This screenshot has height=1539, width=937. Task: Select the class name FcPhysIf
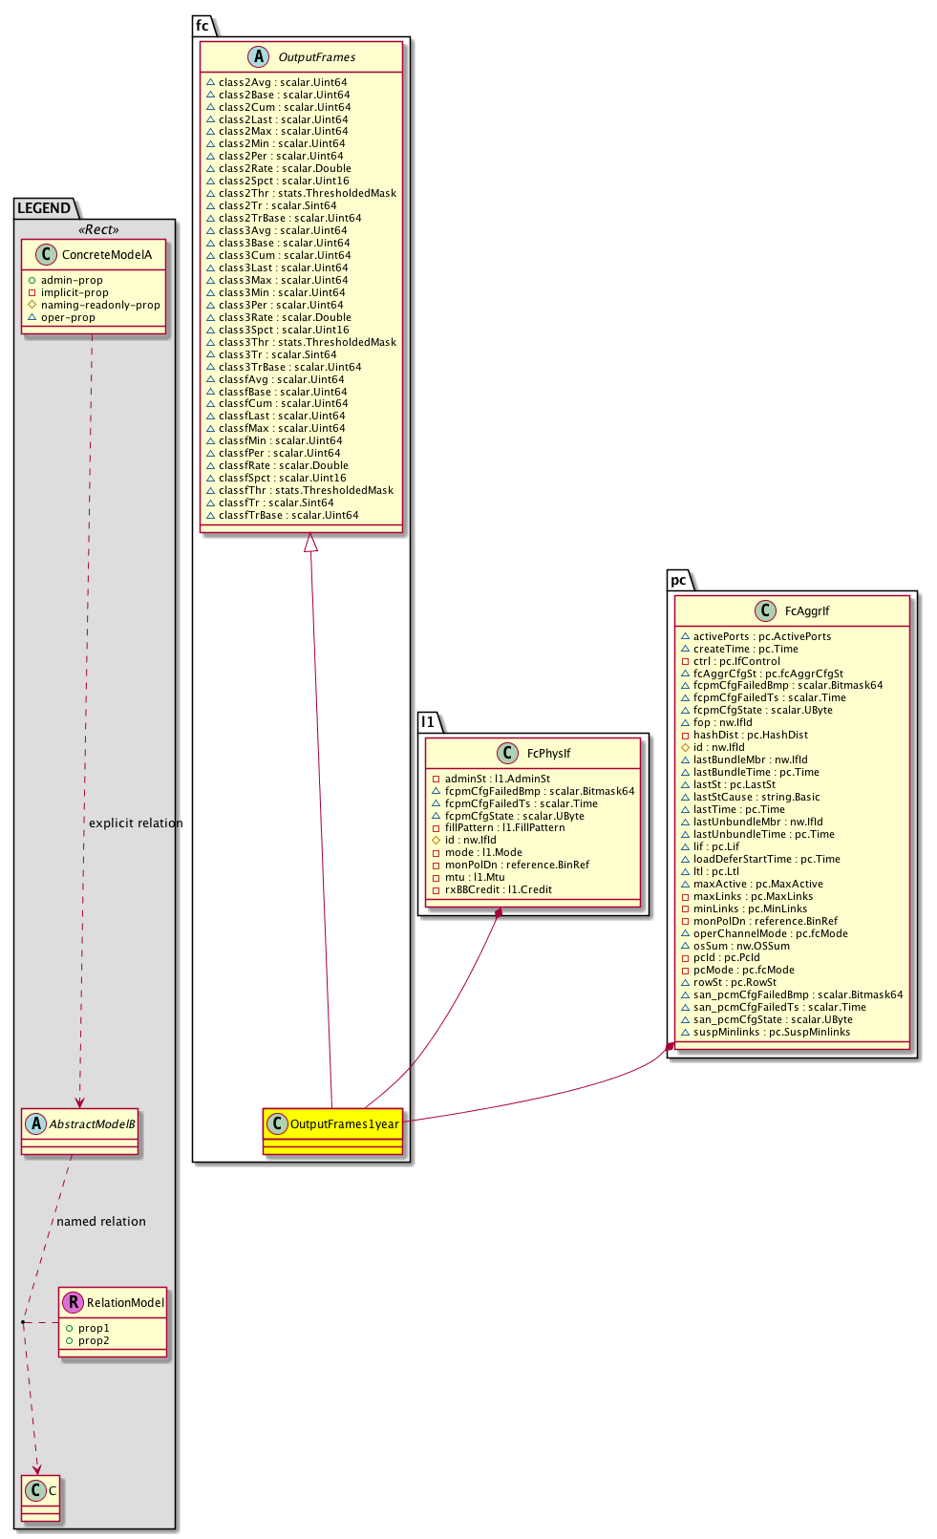click(548, 753)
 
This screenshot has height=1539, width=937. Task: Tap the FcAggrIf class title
click(807, 610)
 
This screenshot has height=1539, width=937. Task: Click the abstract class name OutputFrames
click(316, 57)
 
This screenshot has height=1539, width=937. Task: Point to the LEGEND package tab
click(44, 208)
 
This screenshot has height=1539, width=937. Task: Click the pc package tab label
click(678, 580)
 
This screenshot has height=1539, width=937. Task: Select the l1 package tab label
click(428, 722)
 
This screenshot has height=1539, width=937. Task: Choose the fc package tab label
click(202, 26)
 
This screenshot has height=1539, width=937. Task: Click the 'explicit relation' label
click(136, 823)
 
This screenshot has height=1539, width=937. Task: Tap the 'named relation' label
click(101, 1222)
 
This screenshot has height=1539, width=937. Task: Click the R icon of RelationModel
click(73, 1302)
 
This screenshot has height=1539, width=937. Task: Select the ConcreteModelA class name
click(106, 255)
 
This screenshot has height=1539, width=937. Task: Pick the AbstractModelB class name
click(92, 1124)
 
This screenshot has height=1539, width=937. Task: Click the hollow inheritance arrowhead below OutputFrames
click(310, 543)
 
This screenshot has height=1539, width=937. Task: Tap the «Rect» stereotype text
click(98, 230)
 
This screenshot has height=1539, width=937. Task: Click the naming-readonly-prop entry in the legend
click(100, 305)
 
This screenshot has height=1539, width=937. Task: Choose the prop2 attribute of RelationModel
click(94, 1340)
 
